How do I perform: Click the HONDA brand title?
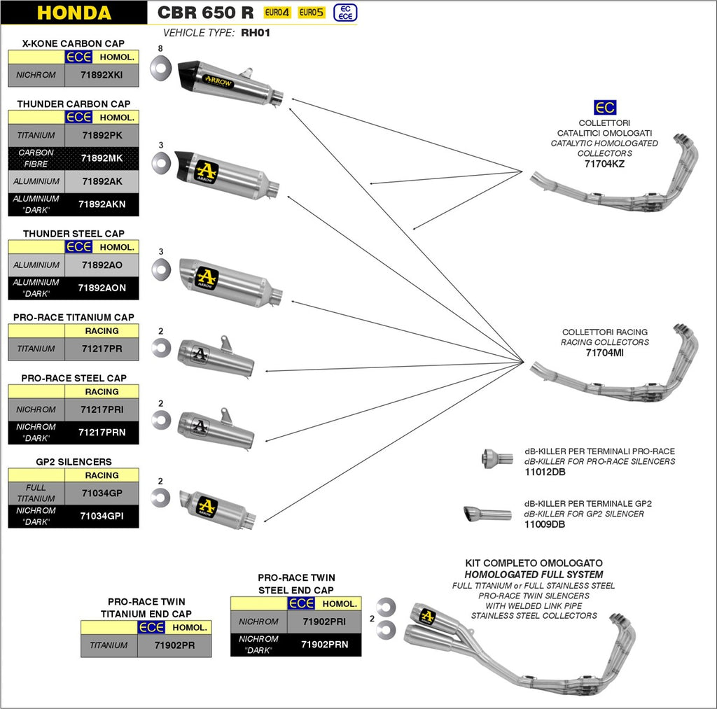point(74,13)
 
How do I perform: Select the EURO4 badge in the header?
point(277,13)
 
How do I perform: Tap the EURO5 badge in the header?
point(312,13)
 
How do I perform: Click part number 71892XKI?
point(102,75)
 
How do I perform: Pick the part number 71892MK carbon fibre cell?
point(102,158)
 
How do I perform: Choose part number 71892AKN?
point(102,204)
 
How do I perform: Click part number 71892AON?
point(102,288)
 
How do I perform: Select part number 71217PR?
point(102,349)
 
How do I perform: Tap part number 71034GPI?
point(102,517)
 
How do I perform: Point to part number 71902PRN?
point(324,644)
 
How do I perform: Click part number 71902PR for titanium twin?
point(174,645)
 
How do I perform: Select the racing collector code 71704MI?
point(604,353)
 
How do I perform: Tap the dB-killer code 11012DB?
point(545,472)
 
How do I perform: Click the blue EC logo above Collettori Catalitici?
point(604,107)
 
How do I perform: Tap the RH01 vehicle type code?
point(256,32)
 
